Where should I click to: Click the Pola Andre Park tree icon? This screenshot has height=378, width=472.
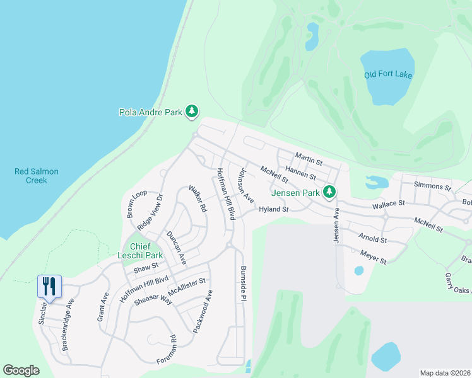pos(192,112)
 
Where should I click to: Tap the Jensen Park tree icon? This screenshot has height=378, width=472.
pos(328,191)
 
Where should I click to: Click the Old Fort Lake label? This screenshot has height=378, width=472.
pos(387,74)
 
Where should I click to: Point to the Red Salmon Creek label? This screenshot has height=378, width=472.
pos(32,176)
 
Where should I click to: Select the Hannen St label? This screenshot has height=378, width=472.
pos(300,172)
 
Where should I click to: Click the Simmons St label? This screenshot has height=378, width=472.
pos(432,186)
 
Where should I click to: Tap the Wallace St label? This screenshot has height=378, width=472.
pos(387,204)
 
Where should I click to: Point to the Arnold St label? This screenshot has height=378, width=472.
pos(372,239)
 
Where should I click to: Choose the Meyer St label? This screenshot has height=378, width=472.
pos(372,256)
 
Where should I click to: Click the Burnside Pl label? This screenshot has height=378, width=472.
pos(242,284)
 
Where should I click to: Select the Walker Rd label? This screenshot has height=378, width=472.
pos(198,198)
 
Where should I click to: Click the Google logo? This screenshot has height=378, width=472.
pos(21,370)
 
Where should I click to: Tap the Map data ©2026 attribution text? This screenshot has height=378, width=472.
pos(445,373)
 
